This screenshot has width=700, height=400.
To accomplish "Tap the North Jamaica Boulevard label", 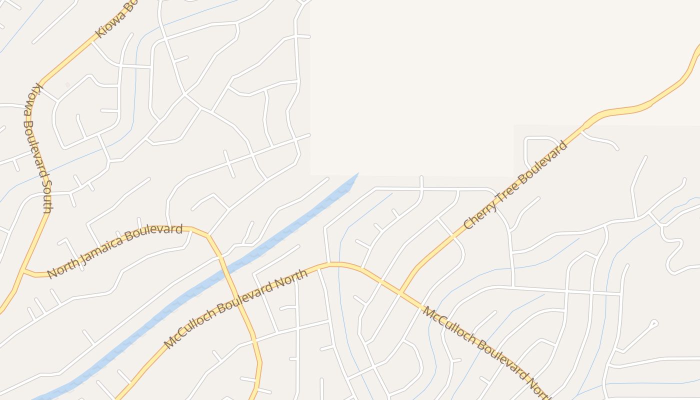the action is coord(114,251).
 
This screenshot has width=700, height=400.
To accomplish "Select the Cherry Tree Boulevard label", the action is coord(515,185).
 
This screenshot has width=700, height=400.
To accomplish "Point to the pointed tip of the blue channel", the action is coord(357,174).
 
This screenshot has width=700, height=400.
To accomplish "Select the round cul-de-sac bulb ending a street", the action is coord(655,323).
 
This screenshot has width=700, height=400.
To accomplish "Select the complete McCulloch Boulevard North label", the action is coord(235,308).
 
